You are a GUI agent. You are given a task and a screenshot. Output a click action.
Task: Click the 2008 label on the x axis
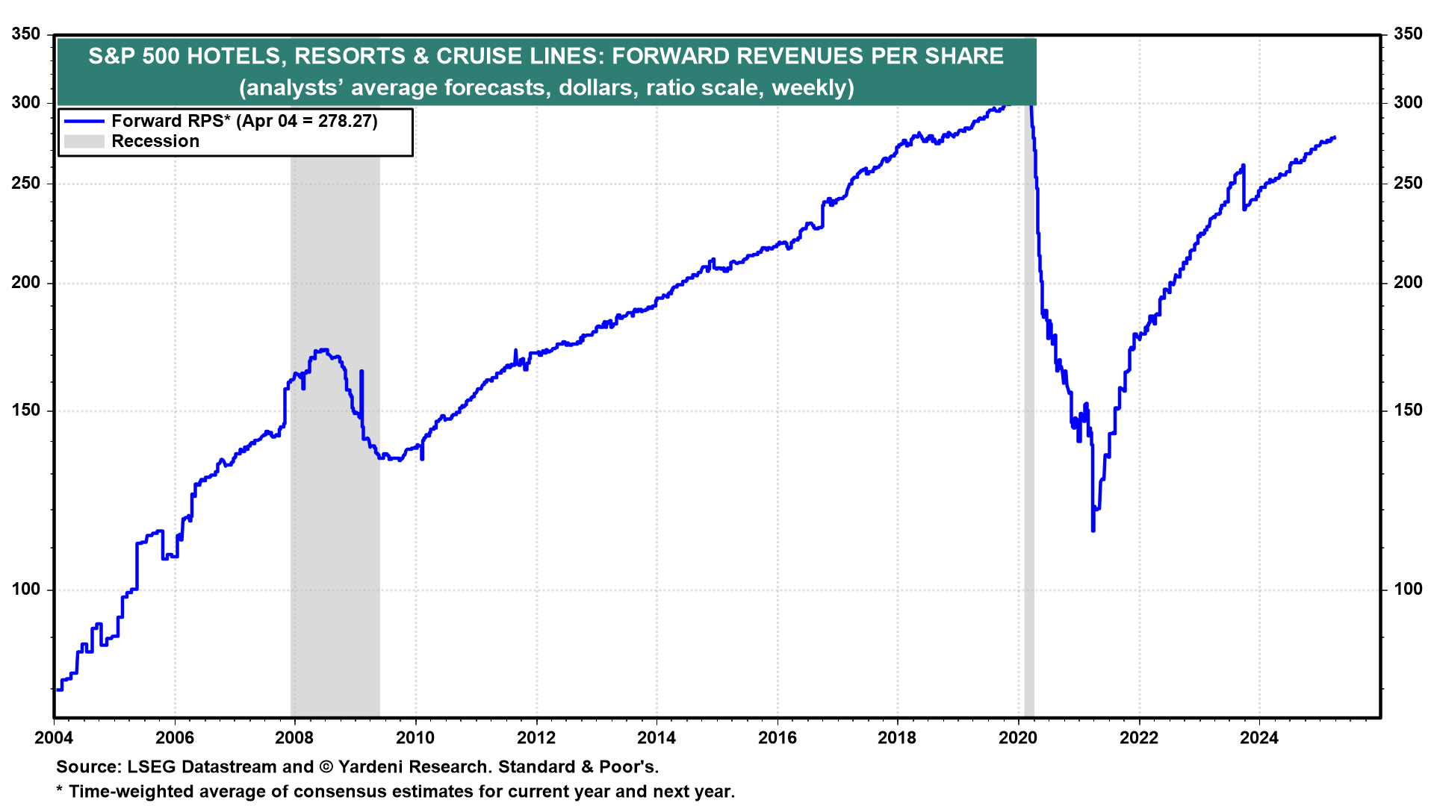pyautogui.click(x=294, y=738)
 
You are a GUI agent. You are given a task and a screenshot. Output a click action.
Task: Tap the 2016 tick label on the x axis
pyautogui.click(x=777, y=738)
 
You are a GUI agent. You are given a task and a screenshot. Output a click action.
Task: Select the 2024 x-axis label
pyautogui.click(x=1259, y=738)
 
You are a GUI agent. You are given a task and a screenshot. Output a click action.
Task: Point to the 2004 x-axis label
pyautogui.click(x=54, y=738)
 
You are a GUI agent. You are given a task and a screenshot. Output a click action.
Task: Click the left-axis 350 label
pyautogui.click(x=26, y=34)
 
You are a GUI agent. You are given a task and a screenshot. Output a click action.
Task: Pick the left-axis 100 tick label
pyautogui.click(x=26, y=590)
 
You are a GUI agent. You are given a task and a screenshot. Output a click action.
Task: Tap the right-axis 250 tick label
pyautogui.click(x=1408, y=184)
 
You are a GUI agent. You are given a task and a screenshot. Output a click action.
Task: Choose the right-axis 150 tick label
pyautogui.click(x=1408, y=410)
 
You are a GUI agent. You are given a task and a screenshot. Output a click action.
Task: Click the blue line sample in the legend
pyautogui.click(x=84, y=121)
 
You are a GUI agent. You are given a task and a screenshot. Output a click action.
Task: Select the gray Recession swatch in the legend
pyautogui.click(x=84, y=141)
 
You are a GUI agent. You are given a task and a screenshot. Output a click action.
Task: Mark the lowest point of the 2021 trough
pyautogui.click(x=1093, y=531)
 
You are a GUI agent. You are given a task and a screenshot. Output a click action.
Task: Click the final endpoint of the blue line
pyautogui.click(x=1335, y=137)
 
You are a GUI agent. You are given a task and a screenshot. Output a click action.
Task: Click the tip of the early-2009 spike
pyautogui.click(x=361, y=371)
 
